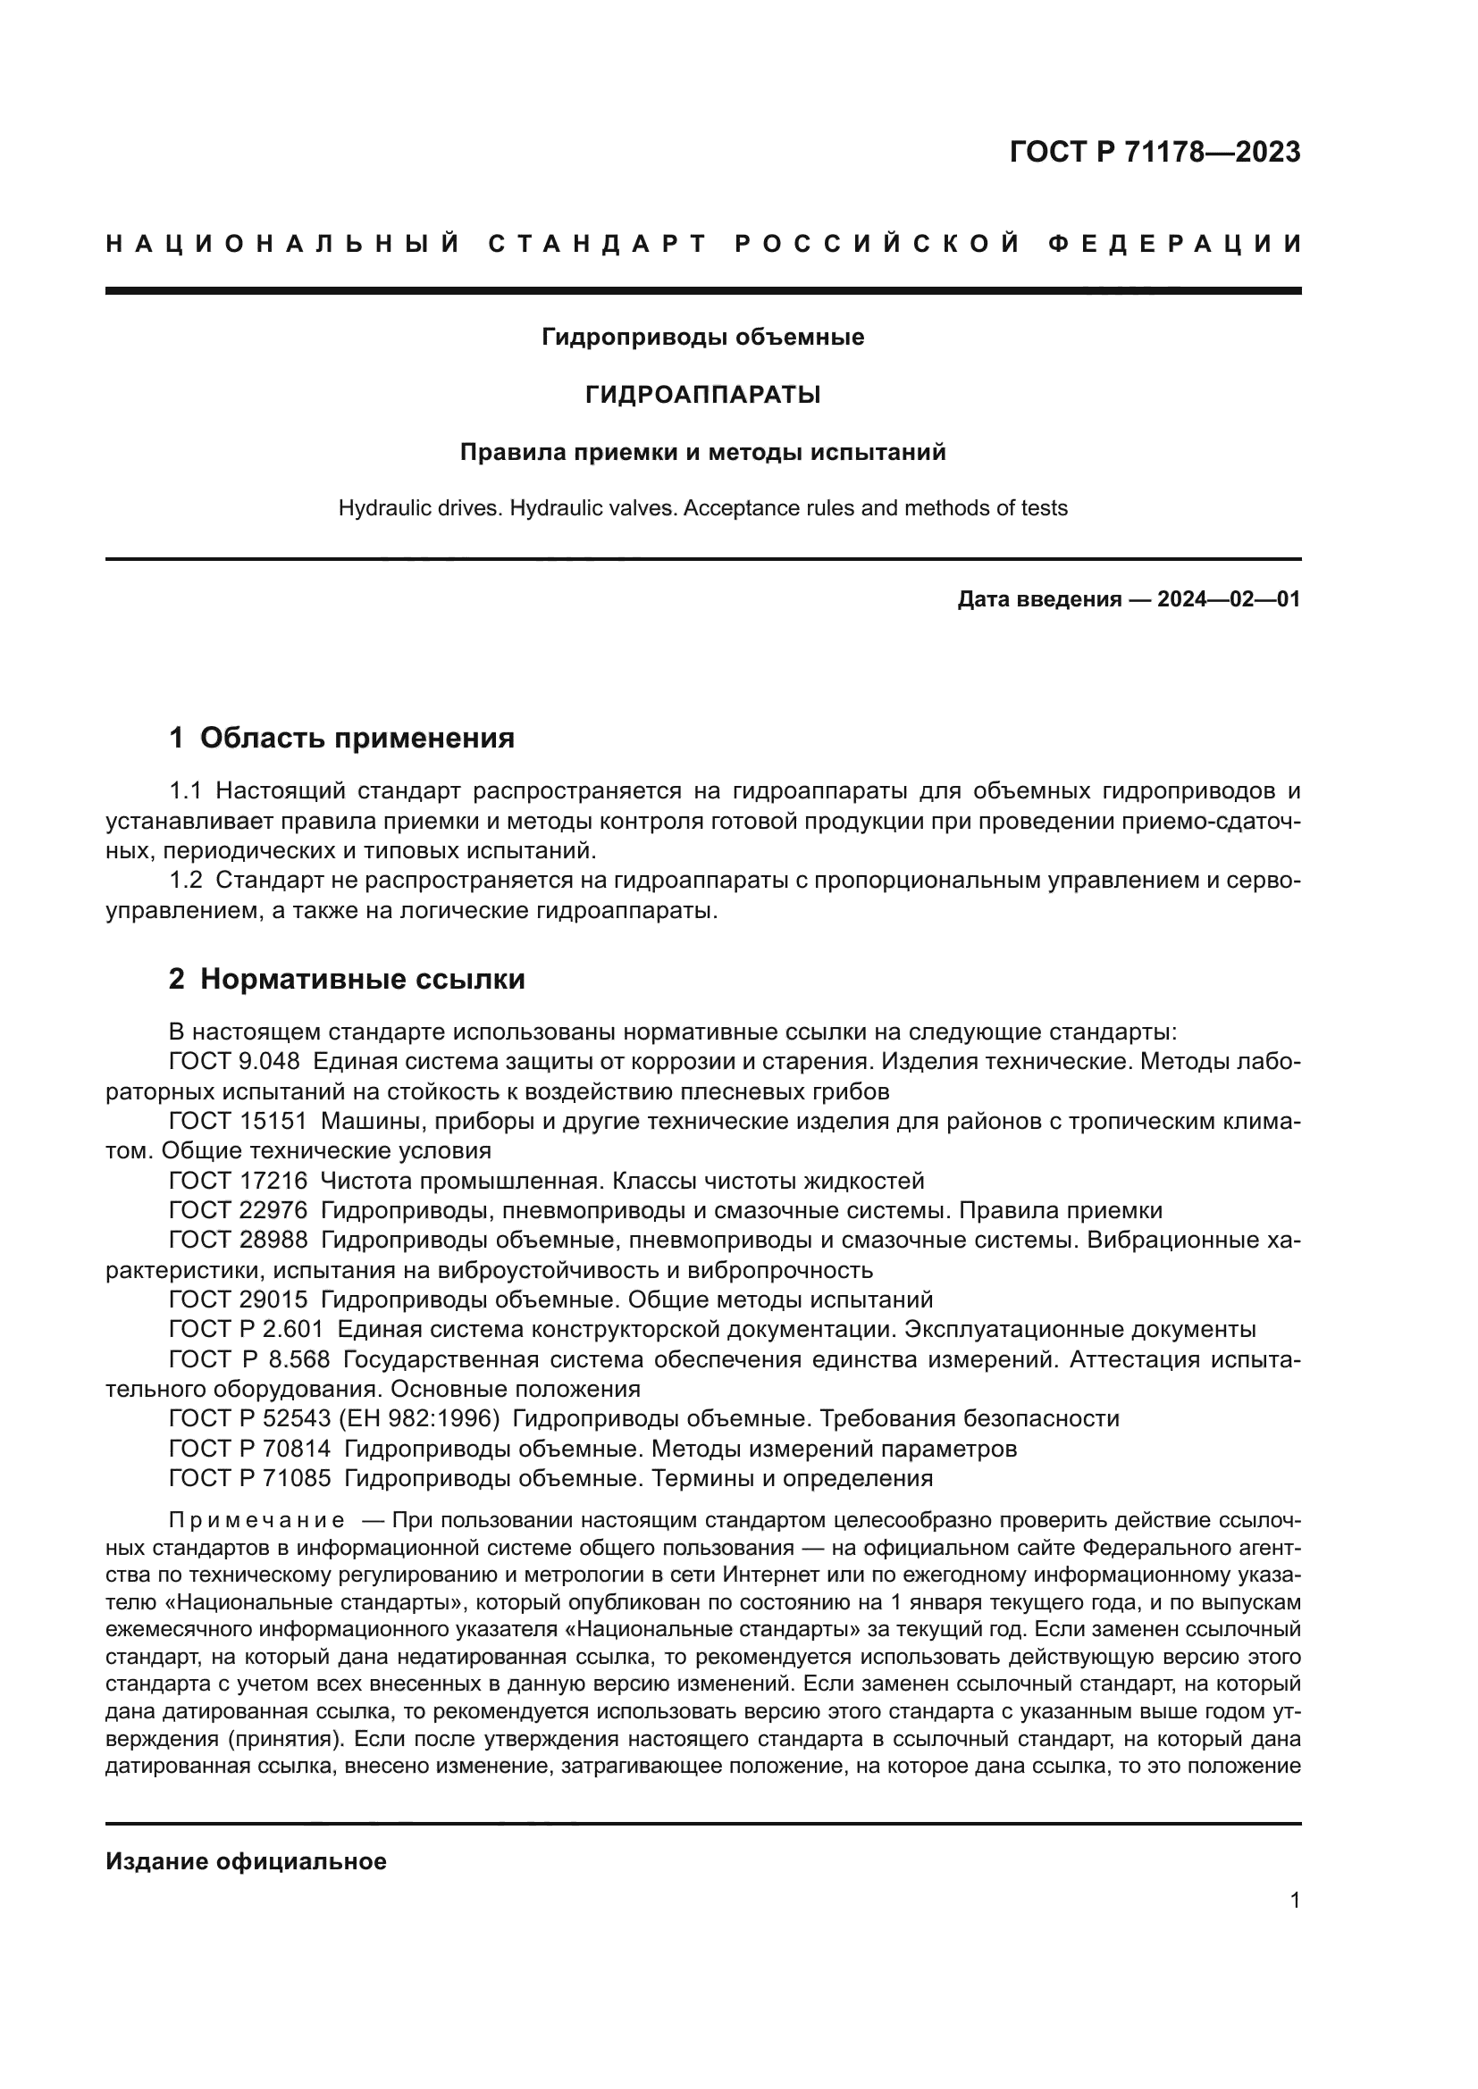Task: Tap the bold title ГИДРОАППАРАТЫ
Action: point(702,395)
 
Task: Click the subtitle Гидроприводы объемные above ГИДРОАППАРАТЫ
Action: point(702,338)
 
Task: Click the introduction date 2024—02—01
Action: point(1229,599)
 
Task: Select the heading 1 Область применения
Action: point(341,738)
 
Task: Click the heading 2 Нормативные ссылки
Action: point(347,979)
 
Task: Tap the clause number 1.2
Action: point(186,881)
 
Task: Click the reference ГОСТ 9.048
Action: point(234,1061)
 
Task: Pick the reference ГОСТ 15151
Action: point(238,1121)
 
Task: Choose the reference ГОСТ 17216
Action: point(238,1181)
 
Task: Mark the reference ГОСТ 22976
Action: point(238,1210)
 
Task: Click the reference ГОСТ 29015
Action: point(238,1299)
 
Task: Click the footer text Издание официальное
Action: point(246,1861)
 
